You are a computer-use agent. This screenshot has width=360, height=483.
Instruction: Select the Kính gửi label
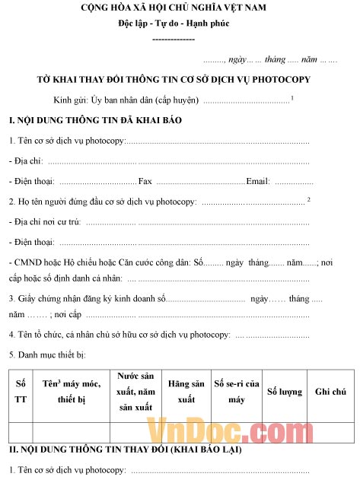click(x=71, y=100)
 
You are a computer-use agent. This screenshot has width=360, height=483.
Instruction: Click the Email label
click(x=258, y=181)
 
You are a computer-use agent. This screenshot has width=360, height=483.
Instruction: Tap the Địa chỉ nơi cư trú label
click(x=46, y=222)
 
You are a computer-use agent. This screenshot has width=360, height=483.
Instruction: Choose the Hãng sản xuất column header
click(x=186, y=391)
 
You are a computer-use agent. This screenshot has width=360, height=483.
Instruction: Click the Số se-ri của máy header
click(x=236, y=391)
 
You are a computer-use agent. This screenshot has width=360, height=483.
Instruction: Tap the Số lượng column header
click(x=284, y=391)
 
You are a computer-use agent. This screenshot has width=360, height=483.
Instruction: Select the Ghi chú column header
click(x=330, y=391)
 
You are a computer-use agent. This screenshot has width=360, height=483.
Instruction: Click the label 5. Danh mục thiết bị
click(x=47, y=354)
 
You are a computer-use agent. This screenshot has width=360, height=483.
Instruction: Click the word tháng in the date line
click(x=275, y=59)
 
